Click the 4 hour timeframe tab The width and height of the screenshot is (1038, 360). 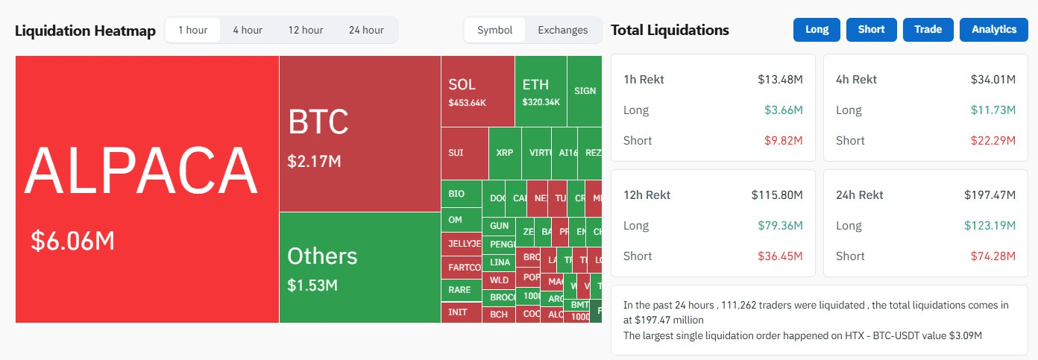click(248, 30)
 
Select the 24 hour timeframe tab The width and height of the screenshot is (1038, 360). click(366, 30)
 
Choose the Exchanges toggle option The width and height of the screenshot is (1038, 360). click(562, 30)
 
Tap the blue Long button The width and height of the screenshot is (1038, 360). click(817, 29)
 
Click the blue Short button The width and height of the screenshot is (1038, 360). click(871, 29)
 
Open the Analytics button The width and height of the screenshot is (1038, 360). click(994, 29)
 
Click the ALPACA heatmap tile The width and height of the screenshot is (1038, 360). click(147, 189)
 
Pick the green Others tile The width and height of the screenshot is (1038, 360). click(359, 267)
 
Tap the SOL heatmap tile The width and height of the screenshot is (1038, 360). click(477, 91)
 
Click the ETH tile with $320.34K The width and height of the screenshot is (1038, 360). click(541, 91)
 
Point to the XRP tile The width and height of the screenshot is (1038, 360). click(505, 153)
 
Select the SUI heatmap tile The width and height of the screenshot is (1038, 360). click(464, 153)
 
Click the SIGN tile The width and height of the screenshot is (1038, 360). click(585, 91)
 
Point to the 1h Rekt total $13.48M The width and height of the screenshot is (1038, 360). click(780, 80)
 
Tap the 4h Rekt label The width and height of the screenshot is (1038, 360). click(856, 80)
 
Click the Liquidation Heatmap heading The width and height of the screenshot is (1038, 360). click(85, 31)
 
